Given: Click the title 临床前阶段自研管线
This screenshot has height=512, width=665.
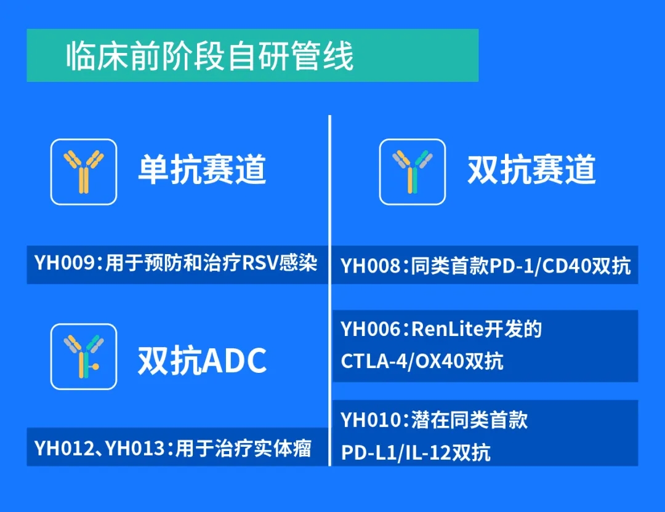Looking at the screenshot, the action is tap(209, 55).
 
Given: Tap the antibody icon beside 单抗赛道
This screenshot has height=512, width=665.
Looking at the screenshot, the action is tap(84, 172).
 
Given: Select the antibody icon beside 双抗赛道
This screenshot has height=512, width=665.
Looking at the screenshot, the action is tap(412, 172).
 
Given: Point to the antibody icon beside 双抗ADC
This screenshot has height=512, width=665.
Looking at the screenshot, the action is tap(84, 356).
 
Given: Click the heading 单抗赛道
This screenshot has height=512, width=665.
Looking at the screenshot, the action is tap(203, 169).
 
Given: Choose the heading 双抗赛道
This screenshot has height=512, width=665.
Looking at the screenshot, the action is tap(531, 169).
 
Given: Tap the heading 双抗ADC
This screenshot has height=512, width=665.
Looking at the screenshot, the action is tap(203, 360).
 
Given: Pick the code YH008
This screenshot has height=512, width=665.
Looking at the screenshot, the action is tap(371, 266).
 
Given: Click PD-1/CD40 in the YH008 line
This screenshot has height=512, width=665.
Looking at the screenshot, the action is tap(541, 266).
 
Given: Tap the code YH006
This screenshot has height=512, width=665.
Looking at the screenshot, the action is tap(371, 329).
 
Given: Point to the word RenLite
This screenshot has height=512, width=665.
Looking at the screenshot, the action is tap(448, 329).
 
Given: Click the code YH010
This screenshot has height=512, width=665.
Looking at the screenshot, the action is tap(371, 420).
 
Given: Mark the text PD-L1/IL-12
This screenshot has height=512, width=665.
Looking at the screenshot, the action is tap(396, 453).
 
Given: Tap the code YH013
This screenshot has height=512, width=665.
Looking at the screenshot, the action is tap(135, 449).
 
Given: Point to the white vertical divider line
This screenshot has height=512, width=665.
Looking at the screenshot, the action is tap(329, 290).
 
